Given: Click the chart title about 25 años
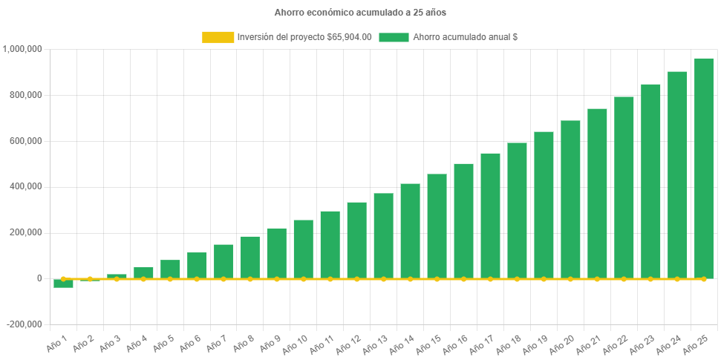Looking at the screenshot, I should click(360, 13).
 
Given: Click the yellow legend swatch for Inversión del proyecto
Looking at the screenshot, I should click(217, 37).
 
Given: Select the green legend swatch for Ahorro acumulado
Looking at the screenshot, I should click(394, 37).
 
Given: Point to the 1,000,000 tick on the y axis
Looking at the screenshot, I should click(23, 49).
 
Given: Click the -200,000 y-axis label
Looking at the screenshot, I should click(25, 324).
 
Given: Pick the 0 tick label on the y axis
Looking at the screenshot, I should click(38, 278).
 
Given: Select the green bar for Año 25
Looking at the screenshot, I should click(703, 168).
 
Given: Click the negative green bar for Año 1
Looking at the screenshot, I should click(63, 284).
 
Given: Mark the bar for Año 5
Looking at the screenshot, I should click(170, 269).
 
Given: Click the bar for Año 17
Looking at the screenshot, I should click(490, 215).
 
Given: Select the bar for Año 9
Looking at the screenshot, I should click(277, 252).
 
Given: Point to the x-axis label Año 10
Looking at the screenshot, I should click(296, 343).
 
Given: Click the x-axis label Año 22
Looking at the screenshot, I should click(616, 343).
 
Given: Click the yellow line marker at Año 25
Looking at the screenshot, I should click(703, 278).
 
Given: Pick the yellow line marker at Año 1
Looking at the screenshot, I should click(63, 278).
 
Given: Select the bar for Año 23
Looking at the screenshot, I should click(650, 181).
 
